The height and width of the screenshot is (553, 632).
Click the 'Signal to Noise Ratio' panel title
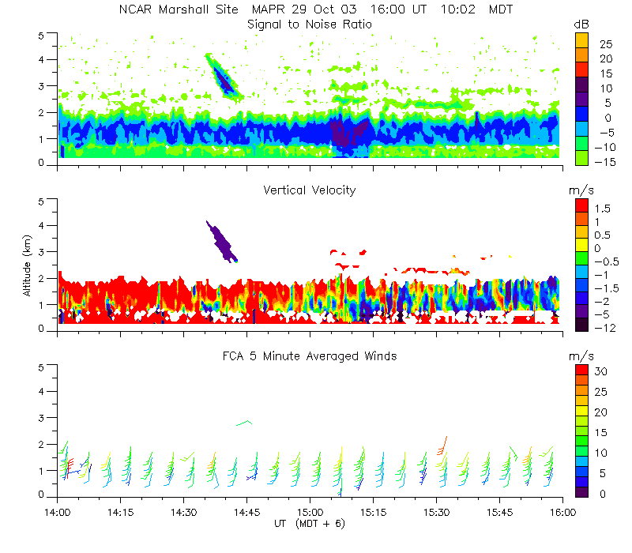pyautogui.click(x=310, y=24)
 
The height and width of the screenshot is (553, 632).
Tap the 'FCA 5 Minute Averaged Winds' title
pyautogui.click(x=310, y=356)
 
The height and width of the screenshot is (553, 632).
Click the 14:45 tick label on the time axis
pyautogui.click(x=246, y=511)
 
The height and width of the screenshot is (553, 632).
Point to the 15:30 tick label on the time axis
pyautogui.click(x=436, y=511)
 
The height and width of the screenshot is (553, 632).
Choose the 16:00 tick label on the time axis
pyautogui.click(x=562, y=511)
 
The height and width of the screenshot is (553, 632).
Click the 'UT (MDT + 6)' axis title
pyautogui.click(x=310, y=523)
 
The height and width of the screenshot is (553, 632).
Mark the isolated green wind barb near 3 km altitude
pyautogui.click(x=244, y=423)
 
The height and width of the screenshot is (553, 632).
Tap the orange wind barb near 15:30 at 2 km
pyautogui.click(x=442, y=446)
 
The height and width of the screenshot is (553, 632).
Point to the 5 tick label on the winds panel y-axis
pyautogui.click(x=44, y=367)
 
